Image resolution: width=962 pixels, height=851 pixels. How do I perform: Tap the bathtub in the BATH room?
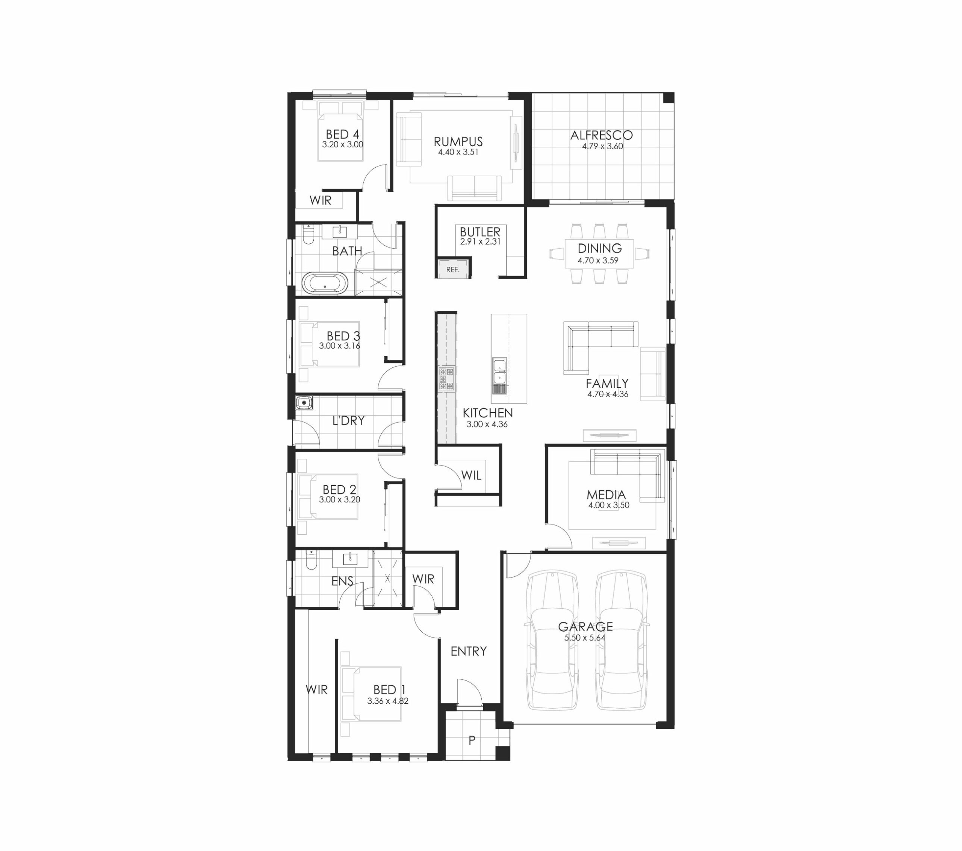tap(325, 283)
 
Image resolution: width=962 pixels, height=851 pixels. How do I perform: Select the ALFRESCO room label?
tap(602, 136)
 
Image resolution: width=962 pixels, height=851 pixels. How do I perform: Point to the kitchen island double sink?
tap(499, 370)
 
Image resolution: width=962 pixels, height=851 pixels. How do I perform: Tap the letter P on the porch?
tap(472, 741)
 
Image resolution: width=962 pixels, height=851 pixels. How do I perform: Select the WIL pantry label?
tap(471, 475)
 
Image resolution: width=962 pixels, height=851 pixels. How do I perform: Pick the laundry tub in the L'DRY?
tap(304, 403)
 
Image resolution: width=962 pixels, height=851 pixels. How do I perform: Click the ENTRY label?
tap(468, 651)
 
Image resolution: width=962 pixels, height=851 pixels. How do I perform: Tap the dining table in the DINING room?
tap(599, 254)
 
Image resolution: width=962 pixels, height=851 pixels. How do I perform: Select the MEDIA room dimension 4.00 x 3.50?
tap(608, 505)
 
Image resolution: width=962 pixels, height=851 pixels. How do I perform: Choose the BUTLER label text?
tap(480, 232)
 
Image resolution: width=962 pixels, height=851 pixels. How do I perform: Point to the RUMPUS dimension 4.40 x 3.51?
tap(458, 153)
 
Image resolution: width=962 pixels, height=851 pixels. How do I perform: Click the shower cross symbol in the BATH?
tap(379, 283)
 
